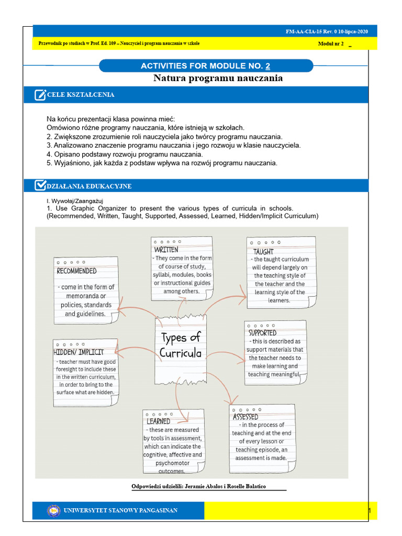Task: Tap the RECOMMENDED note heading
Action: point(77,271)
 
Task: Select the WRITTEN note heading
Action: point(165,250)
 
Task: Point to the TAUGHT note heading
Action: point(264,252)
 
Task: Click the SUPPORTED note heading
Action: point(262,333)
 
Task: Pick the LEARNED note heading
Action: point(158,421)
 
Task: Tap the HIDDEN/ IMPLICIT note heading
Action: point(79,352)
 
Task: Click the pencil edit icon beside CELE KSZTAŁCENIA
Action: point(40,95)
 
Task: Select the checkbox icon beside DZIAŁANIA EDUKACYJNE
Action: point(40,186)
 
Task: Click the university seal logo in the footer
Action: point(54,510)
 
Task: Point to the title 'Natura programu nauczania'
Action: point(218,78)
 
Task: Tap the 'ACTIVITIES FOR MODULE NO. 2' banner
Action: point(206,66)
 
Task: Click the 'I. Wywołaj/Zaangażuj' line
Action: point(75,200)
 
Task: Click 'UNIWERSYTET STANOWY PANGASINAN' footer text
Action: point(120,510)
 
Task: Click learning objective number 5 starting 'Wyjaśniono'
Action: point(162,163)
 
